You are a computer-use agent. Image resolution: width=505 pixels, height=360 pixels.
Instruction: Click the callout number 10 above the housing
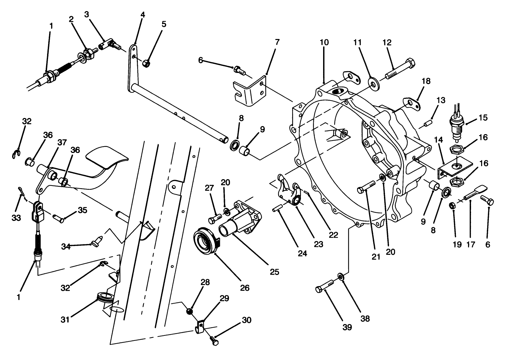tap(324, 43)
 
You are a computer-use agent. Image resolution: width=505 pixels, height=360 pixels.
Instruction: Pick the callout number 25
tap(274, 272)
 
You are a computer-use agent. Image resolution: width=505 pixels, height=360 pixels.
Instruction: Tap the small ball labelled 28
tap(190, 312)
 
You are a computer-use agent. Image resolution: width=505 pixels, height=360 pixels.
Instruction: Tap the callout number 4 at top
tap(143, 15)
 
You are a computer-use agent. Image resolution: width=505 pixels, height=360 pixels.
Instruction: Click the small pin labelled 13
tap(428, 124)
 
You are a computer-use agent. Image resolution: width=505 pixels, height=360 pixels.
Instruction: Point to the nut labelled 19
tap(453, 205)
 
